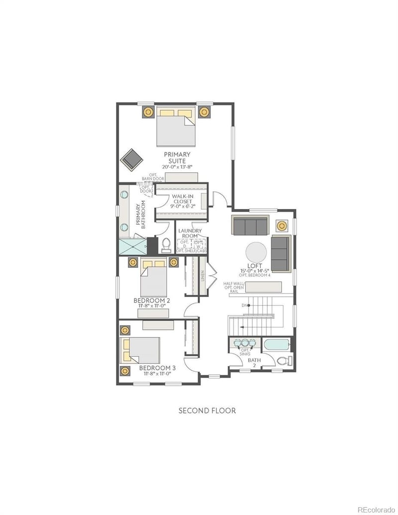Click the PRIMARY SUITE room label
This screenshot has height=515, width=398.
click(177, 158)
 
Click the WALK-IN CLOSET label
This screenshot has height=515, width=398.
click(182, 201)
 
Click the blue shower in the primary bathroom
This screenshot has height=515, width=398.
click(132, 246)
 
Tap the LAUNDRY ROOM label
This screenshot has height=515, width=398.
click(190, 234)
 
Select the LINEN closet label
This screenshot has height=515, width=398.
click(203, 276)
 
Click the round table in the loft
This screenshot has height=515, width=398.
click(258, 252)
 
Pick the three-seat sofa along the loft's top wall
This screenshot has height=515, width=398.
click(250, 225)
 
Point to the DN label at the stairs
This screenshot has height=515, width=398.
click(244, 305)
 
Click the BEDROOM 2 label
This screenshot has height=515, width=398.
click(152, 301)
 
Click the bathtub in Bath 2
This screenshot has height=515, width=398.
click(276, 345)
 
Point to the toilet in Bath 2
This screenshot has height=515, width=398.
click(283, 360)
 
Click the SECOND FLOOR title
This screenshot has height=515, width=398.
click(207, 411)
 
